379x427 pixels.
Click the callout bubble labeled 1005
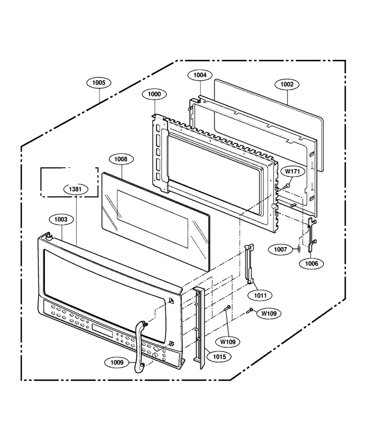(99, 83)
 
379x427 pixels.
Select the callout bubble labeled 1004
(200, 75)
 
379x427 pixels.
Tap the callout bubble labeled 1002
(287, 84)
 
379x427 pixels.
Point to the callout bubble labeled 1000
(154, 94)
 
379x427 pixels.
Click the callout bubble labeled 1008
(121, 159)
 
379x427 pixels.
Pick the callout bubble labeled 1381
(75, 189)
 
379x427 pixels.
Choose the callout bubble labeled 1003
(61, 220)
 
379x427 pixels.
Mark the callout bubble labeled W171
(292, 172)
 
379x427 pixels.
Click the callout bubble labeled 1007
(280, 250)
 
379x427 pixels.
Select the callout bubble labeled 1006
(312, 263)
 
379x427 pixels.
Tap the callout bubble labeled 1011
(261, 295)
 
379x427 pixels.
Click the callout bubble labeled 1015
(219, 356)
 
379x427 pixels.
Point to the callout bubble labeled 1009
(117, 362)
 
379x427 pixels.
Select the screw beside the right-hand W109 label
(250, 310)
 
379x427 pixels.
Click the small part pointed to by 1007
(299, 248)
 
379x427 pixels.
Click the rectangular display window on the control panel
(102, 330)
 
